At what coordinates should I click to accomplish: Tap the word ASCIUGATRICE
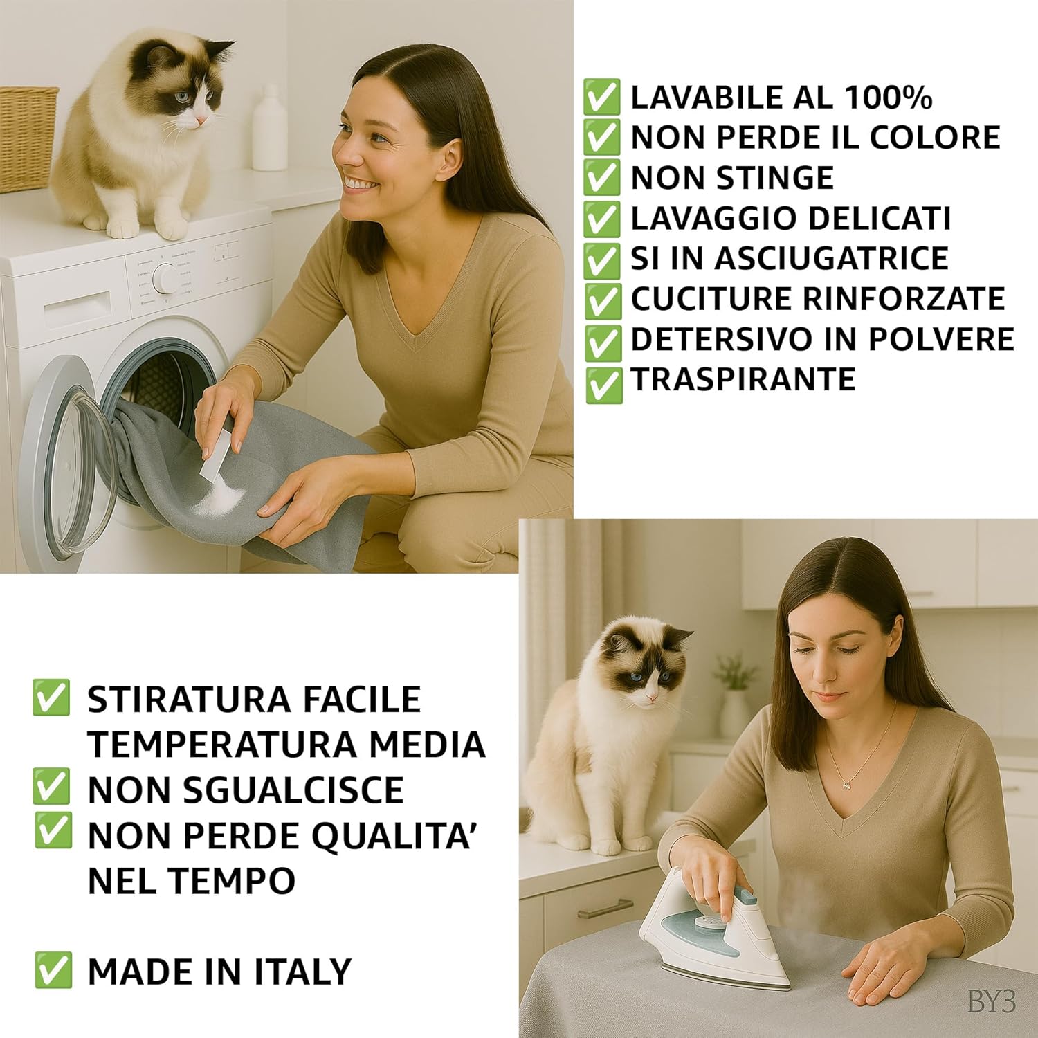pyautogui.click(x=831, y=258)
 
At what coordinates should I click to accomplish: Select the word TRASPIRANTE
pyautogui.click(x=743, y=379)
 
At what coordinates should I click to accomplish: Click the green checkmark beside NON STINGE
pyautogui.click(x=601, y=177)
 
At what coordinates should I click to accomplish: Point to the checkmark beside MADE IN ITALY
pyautogui.click(x=53, y=970)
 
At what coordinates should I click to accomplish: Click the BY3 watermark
pyautogui.click(x=991, y=1001)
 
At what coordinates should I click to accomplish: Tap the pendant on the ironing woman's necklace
pyautogui.click(x=846, y=785)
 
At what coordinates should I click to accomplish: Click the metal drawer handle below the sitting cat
pyautogui.click(x=605, y=908)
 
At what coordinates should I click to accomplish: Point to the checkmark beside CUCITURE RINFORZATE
pyautogui.click(x=601, y=299)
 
